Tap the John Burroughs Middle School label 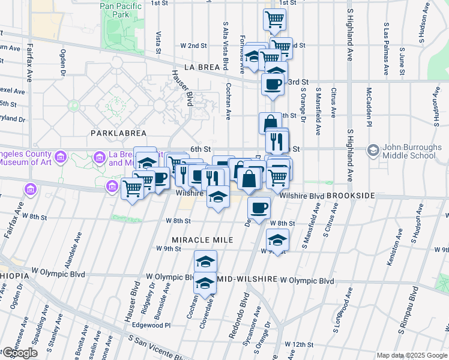coord(409,151)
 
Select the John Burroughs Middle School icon coord(373,149)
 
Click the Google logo coord(20,353)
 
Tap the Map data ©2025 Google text coord(412,355)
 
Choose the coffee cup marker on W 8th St coord(259,208)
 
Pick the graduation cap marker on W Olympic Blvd coord(205,282)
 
